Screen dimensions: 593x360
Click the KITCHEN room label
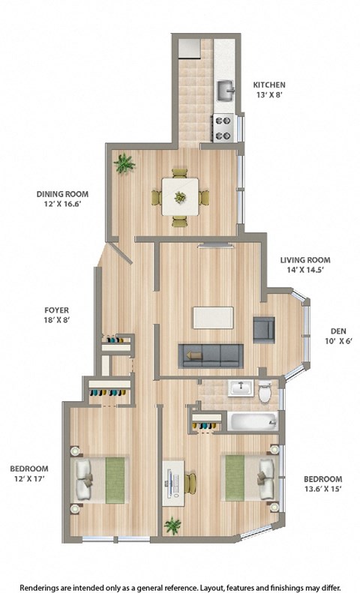tap(268, 85)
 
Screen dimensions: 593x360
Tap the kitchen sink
tap(226, 91)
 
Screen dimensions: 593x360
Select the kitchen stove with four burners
tap(223, 127)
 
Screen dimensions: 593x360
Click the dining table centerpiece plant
tap(180, 197)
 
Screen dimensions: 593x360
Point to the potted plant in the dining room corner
tap(124, 163)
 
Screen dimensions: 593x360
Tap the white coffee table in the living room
tap(212, 317)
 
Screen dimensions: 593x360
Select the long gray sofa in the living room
tap(210, 355)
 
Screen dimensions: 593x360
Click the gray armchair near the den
tap(263, 330)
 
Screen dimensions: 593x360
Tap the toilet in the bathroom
tap(264, 392)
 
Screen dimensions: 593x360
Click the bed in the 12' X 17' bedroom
tap(100, 480)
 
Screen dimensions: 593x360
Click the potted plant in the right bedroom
tap(173, 526)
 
